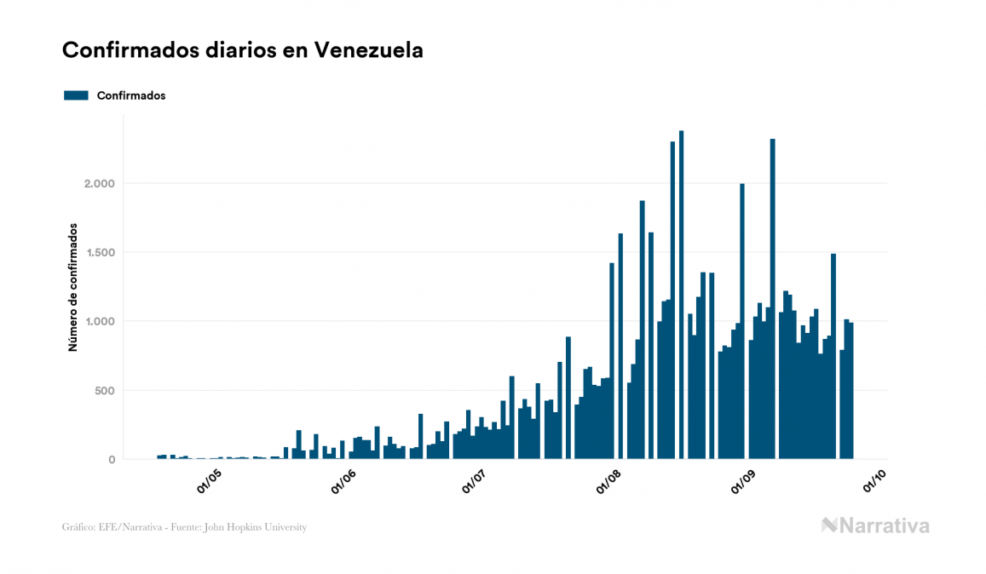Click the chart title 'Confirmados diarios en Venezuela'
tap(243, 50)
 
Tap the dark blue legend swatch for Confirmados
tap(76, 95)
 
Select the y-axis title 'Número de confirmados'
tap(73, 287)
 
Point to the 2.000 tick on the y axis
tap(99, 184)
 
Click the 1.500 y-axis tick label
tap(99, 253)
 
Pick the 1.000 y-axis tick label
tap(99, 322)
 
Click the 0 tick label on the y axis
tap(112, 460)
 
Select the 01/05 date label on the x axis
tap(209, 482)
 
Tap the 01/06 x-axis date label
tap(343, 482)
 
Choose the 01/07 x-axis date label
tap(475, 482)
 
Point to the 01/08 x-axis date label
tap(609, 482)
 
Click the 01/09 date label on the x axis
tap(744, 482)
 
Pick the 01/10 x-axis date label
tap(875, 482)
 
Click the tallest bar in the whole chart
tap(681, 298)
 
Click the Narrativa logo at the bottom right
tap(875, 525)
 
